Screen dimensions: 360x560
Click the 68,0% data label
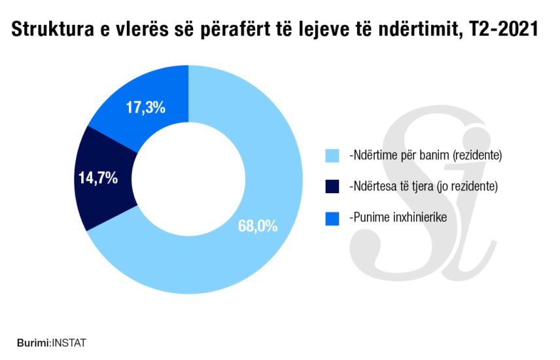[258, 226]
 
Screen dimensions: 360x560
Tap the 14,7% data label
[98, 177]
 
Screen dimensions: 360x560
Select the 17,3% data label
[144, 107]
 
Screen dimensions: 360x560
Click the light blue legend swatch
[332, 156]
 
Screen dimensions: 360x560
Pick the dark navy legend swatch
[332, 187]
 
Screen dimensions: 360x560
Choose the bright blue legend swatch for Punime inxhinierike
[332, 217]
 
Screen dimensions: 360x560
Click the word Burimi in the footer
[33, 342]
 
